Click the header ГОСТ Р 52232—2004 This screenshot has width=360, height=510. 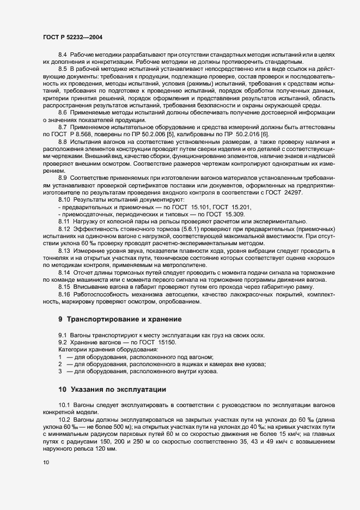(72, 37)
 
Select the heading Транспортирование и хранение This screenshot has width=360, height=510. (125, 318)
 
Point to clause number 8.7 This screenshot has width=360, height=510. (63, 126)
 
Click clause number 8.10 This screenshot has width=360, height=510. (64, 200)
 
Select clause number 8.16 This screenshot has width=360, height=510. (64, 295)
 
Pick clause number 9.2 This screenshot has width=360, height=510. (63, 342)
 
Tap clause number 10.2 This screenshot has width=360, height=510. (64, 420)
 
